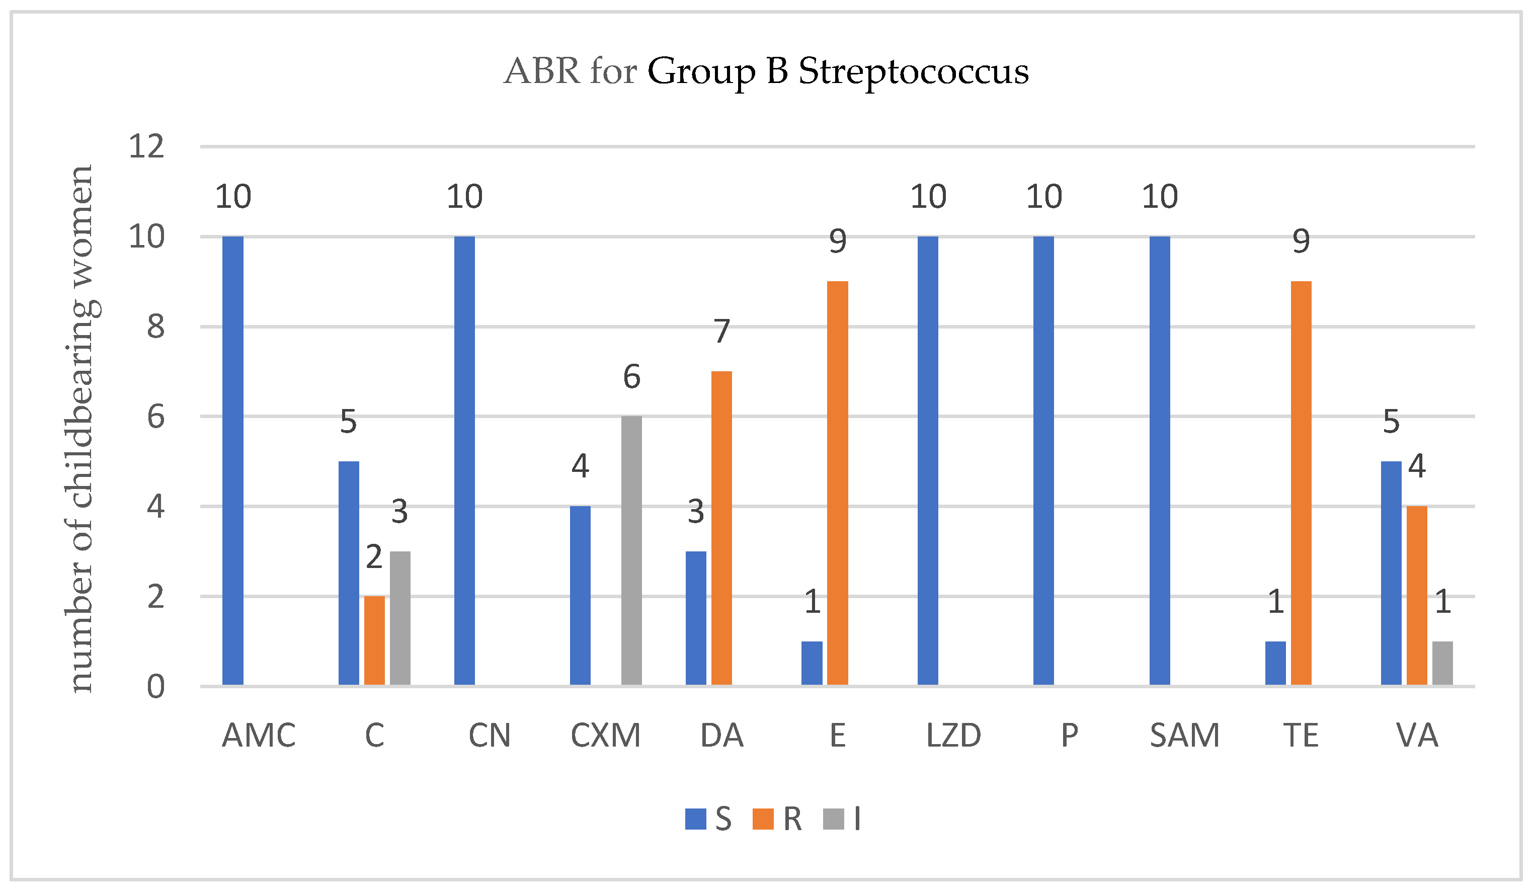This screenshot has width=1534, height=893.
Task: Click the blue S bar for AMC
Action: [x=232, y=461]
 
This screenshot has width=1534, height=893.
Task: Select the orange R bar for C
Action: [x=374, y=640]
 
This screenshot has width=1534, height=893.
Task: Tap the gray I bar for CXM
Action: [x=631, y=551]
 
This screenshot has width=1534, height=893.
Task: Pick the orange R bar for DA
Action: [x=721, y=528]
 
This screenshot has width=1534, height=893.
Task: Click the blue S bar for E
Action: [x=812, y=663]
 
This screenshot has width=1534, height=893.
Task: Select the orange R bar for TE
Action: [x=1301, y=483]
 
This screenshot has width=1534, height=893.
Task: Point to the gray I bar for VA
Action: [x=1442, y=663]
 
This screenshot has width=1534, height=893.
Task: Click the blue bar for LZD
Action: [x=928, y=461]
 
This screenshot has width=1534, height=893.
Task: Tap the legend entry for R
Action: [x=779, y=820]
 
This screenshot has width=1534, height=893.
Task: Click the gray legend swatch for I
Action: [x=833, y=820]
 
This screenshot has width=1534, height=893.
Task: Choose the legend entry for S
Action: [x=709, y=820]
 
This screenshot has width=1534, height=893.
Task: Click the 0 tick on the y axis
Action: [x=156, y=687]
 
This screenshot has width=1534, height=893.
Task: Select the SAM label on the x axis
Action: [x=1185, y=736]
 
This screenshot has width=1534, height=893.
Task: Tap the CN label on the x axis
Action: [x=490, y=736]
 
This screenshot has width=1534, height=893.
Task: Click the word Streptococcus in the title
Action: [x=913, y=72]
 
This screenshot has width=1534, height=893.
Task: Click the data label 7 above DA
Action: [x=722, y=331]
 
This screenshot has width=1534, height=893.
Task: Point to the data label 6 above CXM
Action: [x=631, y=377]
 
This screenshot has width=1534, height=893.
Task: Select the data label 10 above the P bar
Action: [x=1044, y=197]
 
